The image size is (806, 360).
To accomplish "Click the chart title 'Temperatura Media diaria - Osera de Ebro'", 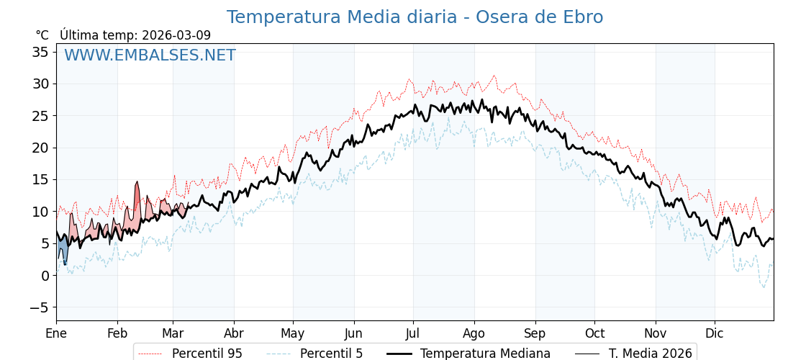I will (415, 17).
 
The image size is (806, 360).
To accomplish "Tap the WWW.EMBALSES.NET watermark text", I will (150, 55).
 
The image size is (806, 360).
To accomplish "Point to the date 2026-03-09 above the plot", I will (176, 35).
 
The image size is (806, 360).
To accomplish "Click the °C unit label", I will (42, 35).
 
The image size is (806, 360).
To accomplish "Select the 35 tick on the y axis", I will (40, 52).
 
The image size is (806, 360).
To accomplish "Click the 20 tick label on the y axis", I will (40, 148).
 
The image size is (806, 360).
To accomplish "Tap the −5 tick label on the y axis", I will (37, 307).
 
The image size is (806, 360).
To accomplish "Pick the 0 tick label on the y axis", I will (45, 276).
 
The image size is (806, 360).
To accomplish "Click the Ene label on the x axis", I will (56, 333).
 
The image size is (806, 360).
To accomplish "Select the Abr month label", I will (234, 333).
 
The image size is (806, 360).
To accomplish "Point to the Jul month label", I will (413, 333).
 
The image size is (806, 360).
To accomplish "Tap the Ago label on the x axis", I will (474, 333).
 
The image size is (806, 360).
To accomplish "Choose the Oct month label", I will (594, 333).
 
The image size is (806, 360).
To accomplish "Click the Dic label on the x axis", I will (715, 333).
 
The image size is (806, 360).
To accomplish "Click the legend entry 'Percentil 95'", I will (207, 354).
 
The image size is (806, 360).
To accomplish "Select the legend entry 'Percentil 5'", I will (331, 354).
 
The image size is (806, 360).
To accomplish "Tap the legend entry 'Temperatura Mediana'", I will (485, 354).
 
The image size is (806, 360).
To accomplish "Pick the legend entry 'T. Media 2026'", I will (650, 354).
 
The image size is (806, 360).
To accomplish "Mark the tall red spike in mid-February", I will (137, 198).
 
